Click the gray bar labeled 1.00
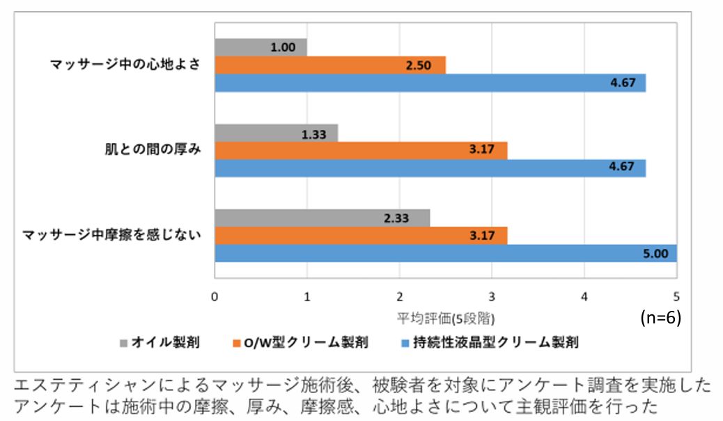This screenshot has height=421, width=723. point(261,47)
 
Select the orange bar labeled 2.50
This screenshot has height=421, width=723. point(330,65)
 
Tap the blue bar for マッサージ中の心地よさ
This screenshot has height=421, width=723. point(430,83)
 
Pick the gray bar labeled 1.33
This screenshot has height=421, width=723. point(276,133)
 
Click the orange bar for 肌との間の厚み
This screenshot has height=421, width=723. point(361,151)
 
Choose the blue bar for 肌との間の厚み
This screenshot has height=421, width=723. point(430,168)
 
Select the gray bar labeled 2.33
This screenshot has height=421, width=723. point(322,218)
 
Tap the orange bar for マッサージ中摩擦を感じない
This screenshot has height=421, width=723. point(361,236)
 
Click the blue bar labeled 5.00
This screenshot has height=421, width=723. point(445,253)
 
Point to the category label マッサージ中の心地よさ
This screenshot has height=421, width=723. point(125,65)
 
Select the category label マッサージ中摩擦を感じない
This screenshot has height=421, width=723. point(112,236)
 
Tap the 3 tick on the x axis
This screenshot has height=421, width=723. point(492,296)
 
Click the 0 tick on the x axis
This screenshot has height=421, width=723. point(215,296)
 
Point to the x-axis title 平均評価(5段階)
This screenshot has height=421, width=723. point(446,319)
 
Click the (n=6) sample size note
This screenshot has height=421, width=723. point(660,317)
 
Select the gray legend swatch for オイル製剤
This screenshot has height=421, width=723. point(125,342)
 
